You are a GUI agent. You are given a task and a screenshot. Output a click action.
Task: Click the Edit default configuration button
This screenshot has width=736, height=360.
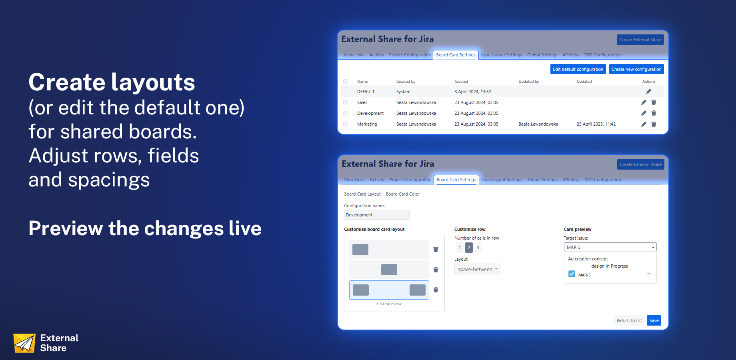tap(578, 69)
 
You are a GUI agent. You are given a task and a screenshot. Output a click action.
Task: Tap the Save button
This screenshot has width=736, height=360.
tap(654, 320)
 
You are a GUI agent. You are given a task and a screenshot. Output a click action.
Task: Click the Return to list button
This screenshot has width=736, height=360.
tap(629, 320)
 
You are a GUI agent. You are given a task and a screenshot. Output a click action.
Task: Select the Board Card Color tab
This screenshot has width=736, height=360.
tap(403, 194)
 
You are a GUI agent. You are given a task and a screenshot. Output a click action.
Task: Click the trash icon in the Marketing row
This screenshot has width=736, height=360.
tap(654, 124)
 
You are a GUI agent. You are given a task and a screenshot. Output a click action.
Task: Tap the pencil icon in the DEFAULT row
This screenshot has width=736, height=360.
tap(648, 92)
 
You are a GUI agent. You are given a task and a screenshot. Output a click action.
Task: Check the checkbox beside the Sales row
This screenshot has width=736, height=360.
tap(346, 102)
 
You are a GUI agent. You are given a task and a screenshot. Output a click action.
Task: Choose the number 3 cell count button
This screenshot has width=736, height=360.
tap(478, 248)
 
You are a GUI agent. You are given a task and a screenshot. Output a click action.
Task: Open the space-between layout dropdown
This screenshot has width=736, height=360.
tap(477, 269)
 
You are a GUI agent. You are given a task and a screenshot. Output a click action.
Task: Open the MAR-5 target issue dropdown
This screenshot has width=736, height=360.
tap(610, 247)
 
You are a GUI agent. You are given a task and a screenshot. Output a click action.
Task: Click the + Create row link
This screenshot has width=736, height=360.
tap(389, 304)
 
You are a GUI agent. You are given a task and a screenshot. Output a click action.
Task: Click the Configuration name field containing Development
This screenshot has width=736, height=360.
tap(376, 215)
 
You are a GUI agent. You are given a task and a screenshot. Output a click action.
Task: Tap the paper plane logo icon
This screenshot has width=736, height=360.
tap(24, 343)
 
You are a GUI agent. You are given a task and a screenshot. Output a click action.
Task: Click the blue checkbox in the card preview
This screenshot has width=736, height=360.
tap(572, 274)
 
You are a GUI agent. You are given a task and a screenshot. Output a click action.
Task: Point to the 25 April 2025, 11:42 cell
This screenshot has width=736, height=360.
tap(596, 124)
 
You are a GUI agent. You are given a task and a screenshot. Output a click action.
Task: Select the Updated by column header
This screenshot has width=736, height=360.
tap(529, 81)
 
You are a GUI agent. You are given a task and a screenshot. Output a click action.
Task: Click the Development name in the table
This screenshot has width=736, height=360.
tap(370, 113)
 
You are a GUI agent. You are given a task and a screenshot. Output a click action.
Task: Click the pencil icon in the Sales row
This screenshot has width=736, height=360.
tap(644, 102)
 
